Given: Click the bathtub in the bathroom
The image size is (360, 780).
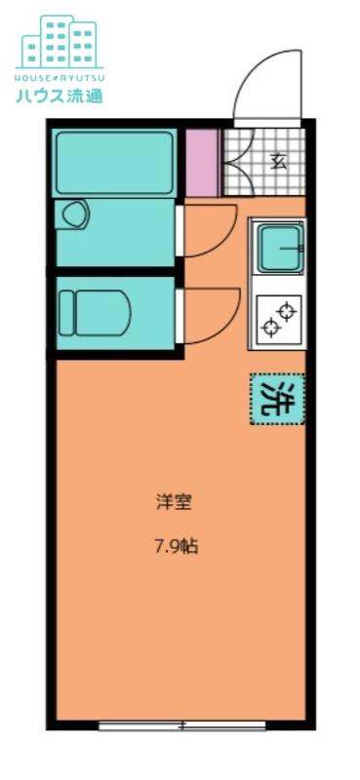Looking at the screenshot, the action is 114,163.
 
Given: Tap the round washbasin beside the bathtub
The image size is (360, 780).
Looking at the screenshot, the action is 75,214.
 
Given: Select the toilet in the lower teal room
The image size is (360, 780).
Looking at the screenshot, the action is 95,313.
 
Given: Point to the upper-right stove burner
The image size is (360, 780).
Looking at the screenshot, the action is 287,312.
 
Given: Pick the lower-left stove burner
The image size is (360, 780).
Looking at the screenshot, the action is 271,328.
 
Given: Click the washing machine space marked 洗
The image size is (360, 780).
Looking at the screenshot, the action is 277,400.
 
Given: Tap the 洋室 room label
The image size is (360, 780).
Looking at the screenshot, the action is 175,502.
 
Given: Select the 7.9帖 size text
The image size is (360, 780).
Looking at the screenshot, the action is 176,548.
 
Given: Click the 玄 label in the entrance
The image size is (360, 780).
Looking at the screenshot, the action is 279,162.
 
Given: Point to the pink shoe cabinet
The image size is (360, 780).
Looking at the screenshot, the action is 202,163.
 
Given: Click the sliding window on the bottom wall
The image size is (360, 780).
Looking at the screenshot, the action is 182,726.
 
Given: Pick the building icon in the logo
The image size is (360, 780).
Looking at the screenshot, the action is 60,42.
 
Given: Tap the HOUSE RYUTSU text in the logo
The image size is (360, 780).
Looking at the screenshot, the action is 60,78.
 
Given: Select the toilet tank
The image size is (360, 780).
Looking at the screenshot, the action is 66,313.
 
